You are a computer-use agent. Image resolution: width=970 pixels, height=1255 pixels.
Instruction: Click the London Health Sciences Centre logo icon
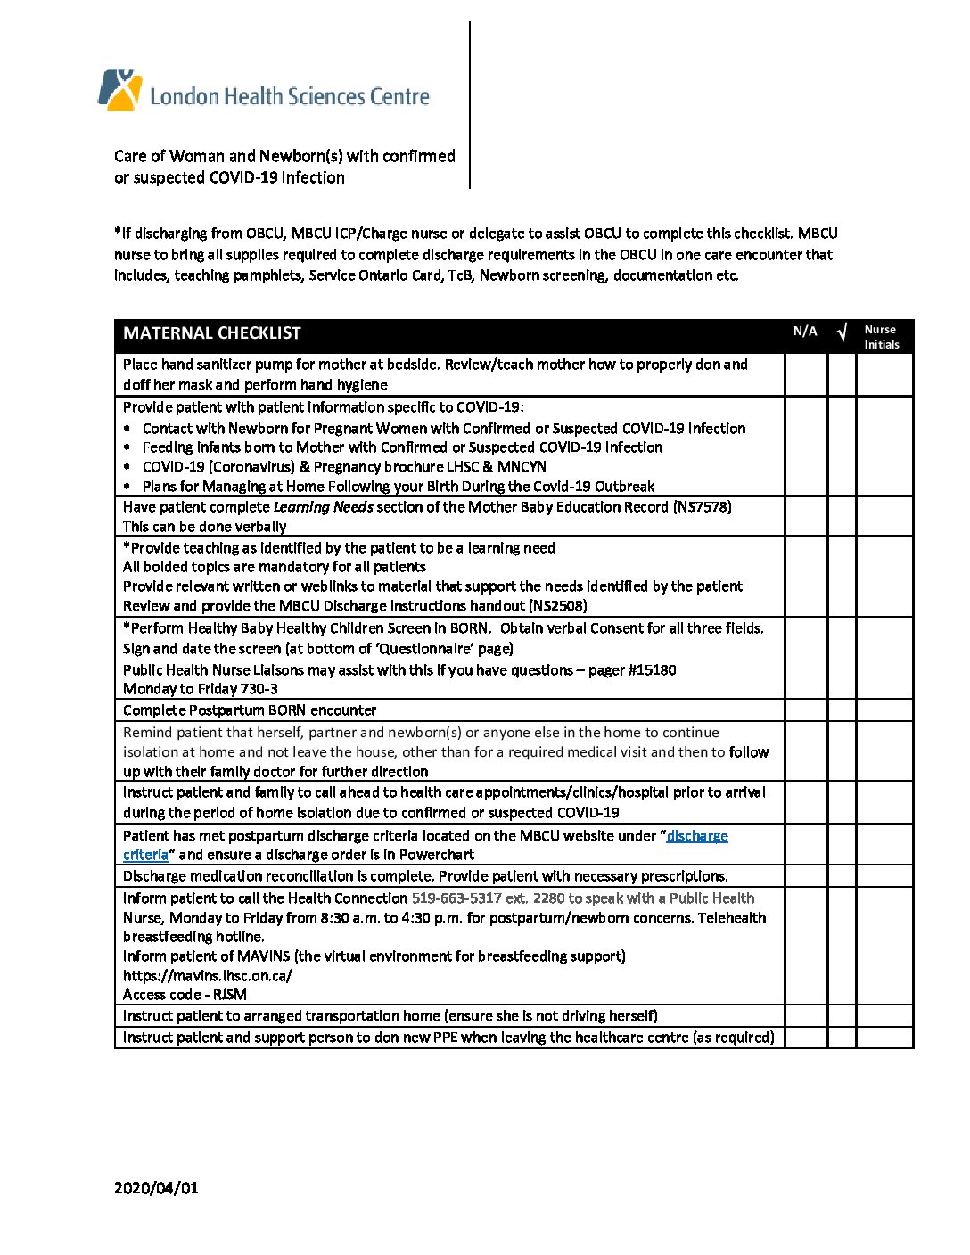(x=119, y=90)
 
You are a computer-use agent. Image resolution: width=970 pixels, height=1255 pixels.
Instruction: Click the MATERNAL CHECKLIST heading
(x=212, y=333)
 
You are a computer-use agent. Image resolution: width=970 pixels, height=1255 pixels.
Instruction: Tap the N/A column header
(x=805, y=332)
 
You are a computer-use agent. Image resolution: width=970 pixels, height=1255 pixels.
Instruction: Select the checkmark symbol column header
(x=842, y=333)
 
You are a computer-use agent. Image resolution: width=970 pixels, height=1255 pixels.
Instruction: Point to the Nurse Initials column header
(x=882, y=337)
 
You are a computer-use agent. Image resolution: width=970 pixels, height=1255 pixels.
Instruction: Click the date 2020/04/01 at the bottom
(x=156, y=1188)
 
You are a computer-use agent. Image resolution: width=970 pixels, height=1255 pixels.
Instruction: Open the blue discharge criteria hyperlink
(x=696, y=836)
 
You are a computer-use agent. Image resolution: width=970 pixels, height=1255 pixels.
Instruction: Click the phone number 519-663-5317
(x=456, y=898)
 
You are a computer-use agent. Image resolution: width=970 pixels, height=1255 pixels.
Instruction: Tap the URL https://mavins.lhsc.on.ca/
(x=208, y=976)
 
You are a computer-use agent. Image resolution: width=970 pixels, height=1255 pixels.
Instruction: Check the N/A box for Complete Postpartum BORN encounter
(x=806, y=710)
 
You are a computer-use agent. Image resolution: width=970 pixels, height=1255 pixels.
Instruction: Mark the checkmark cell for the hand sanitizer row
(x=842, y=374)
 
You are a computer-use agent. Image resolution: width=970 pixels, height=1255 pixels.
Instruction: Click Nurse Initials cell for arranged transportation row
(x=884, y=1016)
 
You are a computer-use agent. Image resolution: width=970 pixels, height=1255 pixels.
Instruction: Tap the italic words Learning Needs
(x=323, y=507)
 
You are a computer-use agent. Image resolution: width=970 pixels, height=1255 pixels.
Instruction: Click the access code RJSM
(x=230, y=995)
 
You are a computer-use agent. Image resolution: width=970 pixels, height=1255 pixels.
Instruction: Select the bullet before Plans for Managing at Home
(x=128, y=487)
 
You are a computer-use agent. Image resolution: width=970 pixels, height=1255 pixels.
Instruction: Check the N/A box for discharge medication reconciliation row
(x=806, y=876)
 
